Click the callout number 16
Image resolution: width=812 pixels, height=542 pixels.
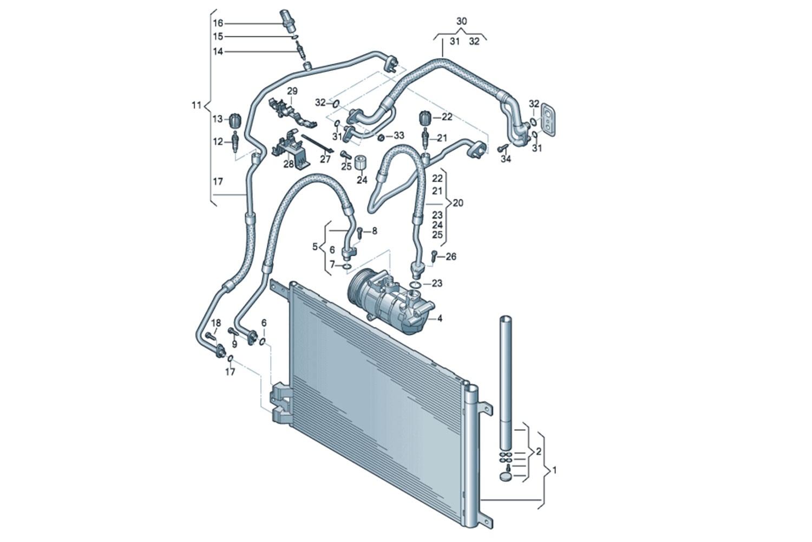click(x=218, y=23)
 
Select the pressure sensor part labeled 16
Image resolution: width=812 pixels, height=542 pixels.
click(x=286, y=21)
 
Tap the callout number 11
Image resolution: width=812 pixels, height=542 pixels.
click(x=197, y=105)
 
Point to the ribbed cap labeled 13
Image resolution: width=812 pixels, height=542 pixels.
click(x=234, y=119)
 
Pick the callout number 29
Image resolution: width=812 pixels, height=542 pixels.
click(x=292, y=91)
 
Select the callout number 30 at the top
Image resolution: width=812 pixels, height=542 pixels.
click(x=461, y=22)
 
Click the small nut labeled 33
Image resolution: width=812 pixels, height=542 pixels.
click(x=381, y=136)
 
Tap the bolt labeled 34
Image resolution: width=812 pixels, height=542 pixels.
click(x=502, y=147)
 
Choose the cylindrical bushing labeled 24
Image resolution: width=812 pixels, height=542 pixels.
click(x=361, y=163)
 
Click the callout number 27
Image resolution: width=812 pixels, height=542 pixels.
click(x=325, y=159)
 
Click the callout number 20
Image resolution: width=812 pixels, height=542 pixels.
click(x=458, y=203)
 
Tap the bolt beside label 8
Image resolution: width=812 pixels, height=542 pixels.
click(x=359, y=233)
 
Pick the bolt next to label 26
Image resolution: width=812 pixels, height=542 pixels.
click(x=434, y=256)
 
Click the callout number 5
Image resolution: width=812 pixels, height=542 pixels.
click(x=315, y=247)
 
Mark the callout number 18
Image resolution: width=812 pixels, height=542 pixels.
click(x=216, y=324)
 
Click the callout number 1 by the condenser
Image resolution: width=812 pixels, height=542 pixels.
click(x=554, y=471)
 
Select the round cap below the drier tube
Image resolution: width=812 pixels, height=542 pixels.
click(x=506, y=477)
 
